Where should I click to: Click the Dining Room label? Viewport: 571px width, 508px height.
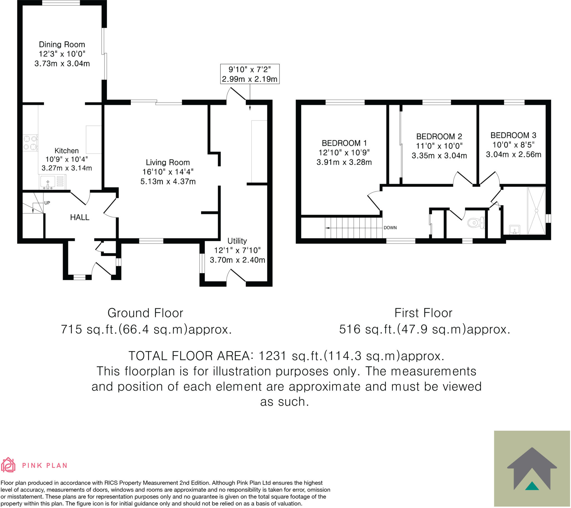(x=62, y=44)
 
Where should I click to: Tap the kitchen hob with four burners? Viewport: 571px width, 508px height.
(x=30, y=143)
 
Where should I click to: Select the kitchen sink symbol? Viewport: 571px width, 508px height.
(x=48, y=182)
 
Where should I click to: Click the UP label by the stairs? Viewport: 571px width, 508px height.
(x=47, y=203)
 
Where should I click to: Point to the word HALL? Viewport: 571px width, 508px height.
(x=80, y=217)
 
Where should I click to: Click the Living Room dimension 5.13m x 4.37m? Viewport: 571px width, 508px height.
(x=168, y=181)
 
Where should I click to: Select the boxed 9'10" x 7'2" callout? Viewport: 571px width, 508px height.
(x=250, y=74)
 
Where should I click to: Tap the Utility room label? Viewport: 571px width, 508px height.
(x=237, y=241)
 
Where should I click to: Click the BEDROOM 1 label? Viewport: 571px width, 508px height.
(x=344, y=143)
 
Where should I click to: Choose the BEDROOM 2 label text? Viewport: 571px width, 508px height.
(x=439, y=136)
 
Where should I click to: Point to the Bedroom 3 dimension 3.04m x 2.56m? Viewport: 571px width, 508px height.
(x=514, y=154)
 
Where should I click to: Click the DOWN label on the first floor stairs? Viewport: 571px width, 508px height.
(x=390, y=228)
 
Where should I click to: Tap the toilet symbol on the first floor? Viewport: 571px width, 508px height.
(x=476, y=223)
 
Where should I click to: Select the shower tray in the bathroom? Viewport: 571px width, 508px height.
(x=536, y=211)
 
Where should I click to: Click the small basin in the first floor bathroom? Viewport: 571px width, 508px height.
(x=515, y=230)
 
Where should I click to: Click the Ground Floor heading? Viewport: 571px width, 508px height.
(x=145, y=313)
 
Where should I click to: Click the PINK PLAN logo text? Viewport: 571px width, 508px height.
(x=45, y=466)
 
